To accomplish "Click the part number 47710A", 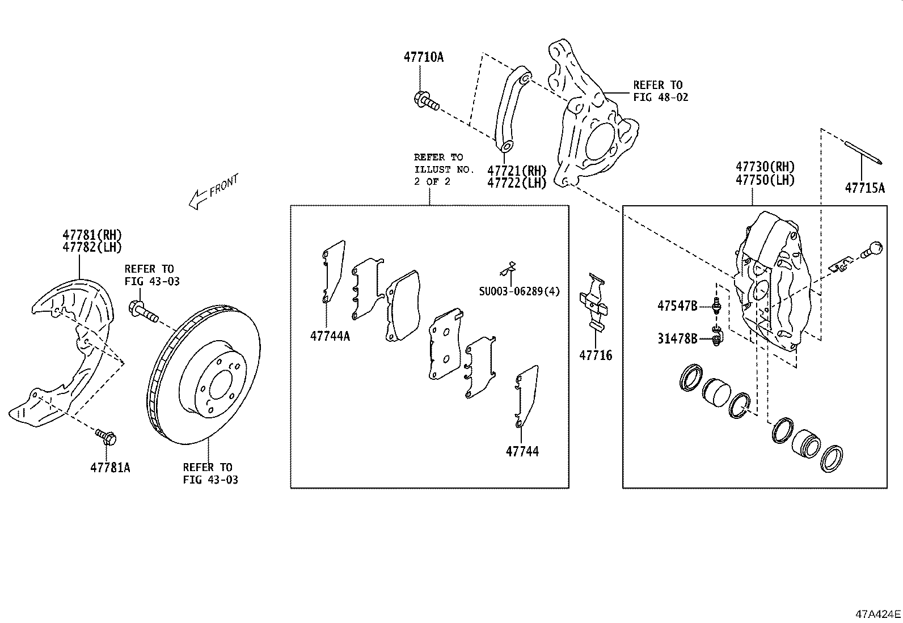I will [x=423, y=57].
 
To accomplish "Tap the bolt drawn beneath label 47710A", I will [x=427, y=101].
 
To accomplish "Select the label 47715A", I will [x=864, y=188].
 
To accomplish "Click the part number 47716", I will [x=596, y=355].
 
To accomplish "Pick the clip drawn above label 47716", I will [x=594, y=302].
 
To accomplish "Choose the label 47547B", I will [x=677, y=306].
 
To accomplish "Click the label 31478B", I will [x=677, y=338].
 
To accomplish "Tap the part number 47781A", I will [x=110, y=468].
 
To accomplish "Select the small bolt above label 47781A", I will [x=107, y=437].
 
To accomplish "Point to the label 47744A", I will [x=330, y=336].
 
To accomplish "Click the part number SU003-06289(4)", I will [x=519, y=291].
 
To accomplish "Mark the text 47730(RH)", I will [x=765, y=167].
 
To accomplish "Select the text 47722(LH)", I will [x=516, y=183].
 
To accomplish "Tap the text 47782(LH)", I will [x=92, y=247].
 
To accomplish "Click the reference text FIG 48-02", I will [x=660, y=98].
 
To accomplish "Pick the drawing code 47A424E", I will [x=878, y=614].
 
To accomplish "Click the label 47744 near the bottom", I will [x=522, y=452].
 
